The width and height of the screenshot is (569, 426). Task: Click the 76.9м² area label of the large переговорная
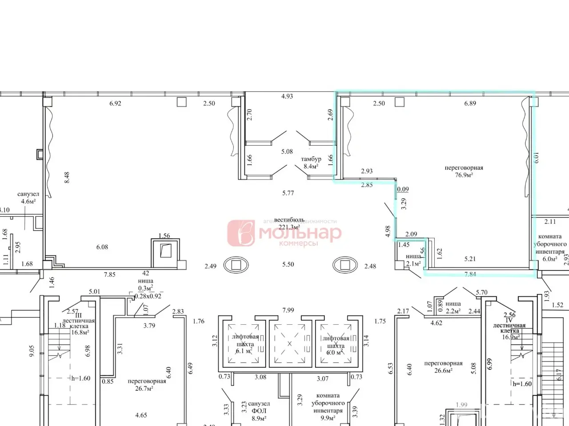[x=464, y=175]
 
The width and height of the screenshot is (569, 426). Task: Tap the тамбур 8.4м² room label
[x=311, y=163]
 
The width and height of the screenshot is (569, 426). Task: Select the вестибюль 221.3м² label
[x=289, y=223]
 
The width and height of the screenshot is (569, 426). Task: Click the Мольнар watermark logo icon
[x=241, y=233]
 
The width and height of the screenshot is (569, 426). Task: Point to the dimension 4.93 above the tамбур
[x=287, y=96]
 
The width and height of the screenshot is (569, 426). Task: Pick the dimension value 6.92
[x=116, y=104]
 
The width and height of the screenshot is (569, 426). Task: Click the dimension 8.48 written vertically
[x=67, y=178]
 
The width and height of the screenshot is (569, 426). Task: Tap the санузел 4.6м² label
[x=28, y=198]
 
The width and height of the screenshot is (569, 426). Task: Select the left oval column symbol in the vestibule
[x=236, y=265]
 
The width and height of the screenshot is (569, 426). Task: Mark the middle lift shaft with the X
[x=290, y=343]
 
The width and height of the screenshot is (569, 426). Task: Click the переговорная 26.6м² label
[x=443, y=367]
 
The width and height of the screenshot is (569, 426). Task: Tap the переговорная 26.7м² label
[x=147, y=385]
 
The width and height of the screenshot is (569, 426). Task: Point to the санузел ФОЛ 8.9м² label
[x=258, y=411]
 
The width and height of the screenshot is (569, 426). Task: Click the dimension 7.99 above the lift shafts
[x=288, y=310]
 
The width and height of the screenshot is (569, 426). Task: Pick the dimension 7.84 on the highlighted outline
[x=470, y=274]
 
